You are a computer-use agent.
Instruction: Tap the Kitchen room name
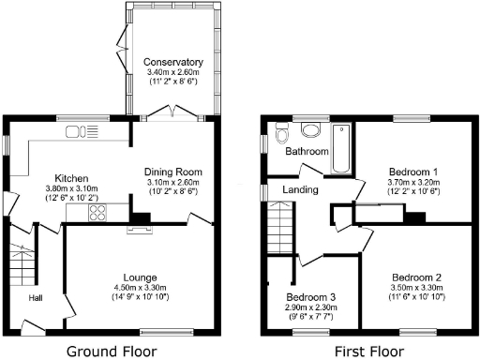coord(71,177)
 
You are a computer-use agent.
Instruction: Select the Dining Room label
coord(173,172)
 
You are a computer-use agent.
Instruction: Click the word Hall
coord(36,298)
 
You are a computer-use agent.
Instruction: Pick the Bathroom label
coord(307,151)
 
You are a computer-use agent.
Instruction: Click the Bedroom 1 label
coord(412,172)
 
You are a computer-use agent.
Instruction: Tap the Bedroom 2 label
coord(416,277)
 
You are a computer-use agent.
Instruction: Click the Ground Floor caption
coord(105,352)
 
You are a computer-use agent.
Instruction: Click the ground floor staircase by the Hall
coord(21,265)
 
